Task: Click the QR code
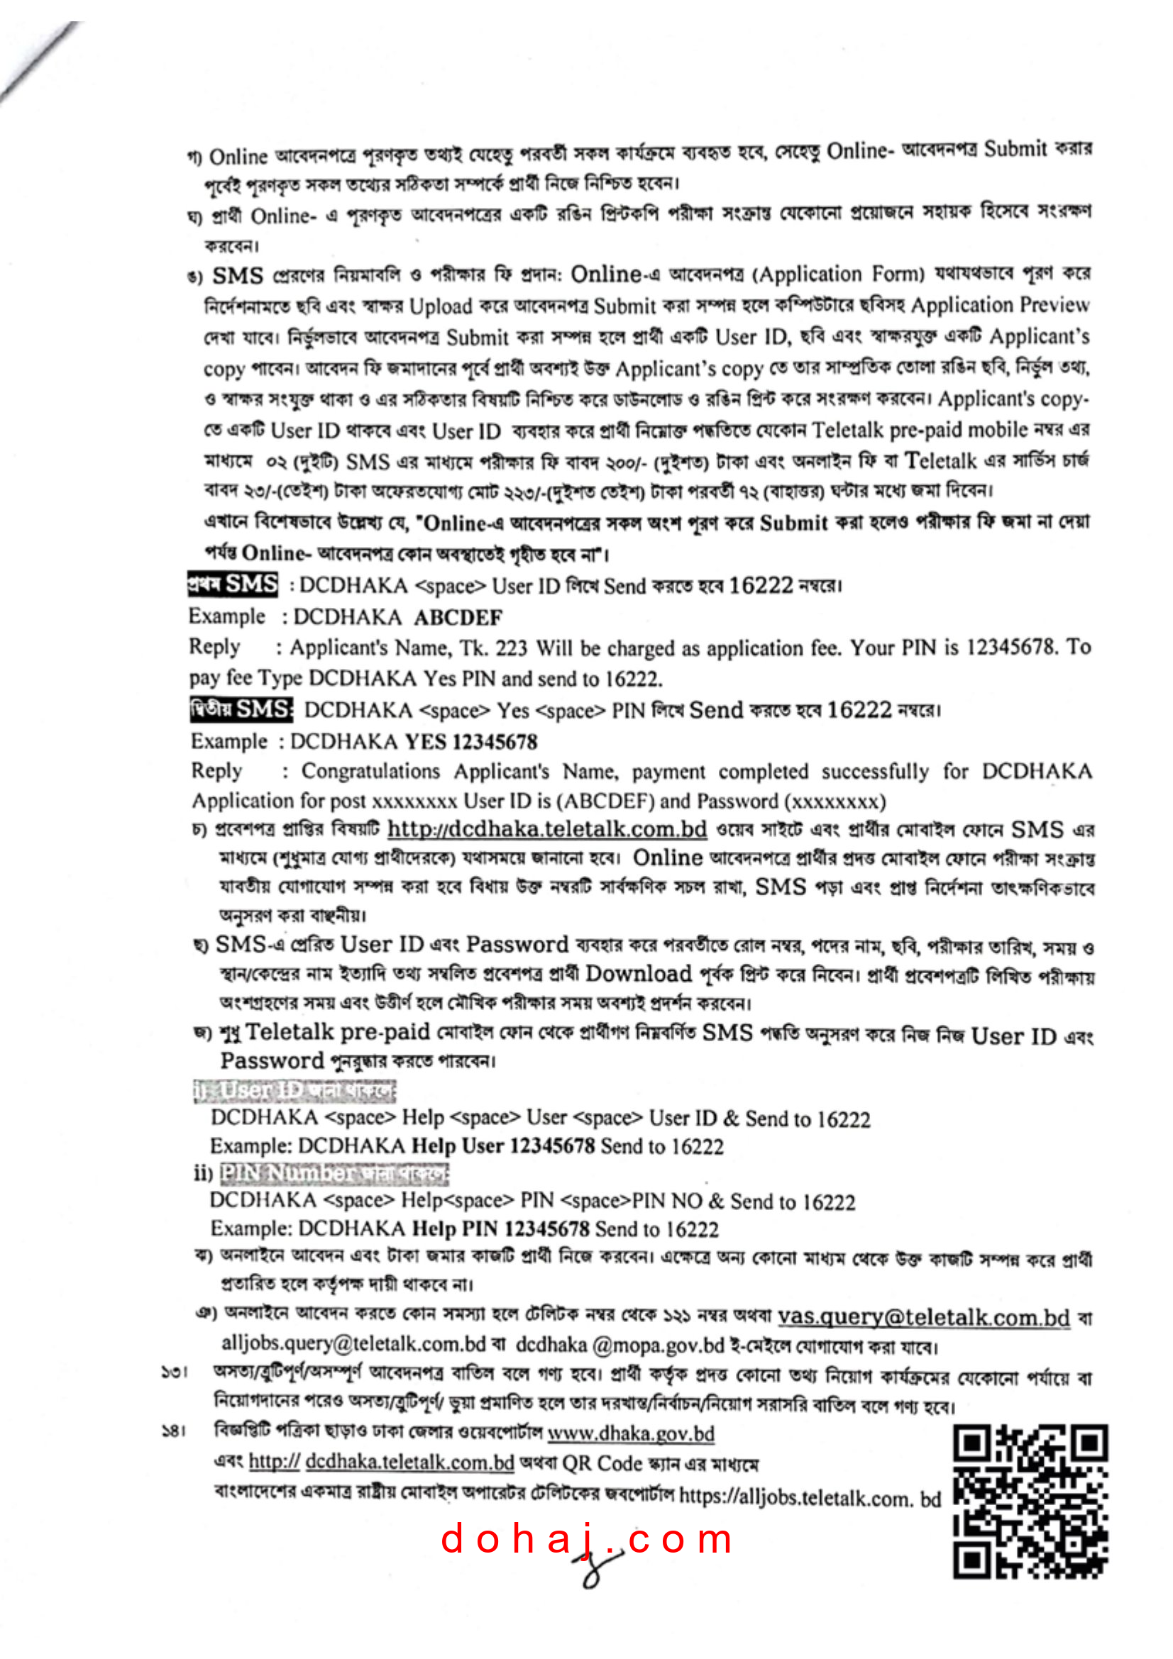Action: (x=1030, y=1502)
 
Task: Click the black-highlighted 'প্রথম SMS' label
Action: (x=232, y=584)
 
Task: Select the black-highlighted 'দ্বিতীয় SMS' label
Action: (x=241, y=709)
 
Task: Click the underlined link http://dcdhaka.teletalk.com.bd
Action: (x=546, y=828)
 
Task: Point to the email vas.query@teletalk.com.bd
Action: (x=923, y=1317)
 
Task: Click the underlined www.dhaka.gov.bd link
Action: (x=630, y=1433)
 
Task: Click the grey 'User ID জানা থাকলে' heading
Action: (x=294, y=1089)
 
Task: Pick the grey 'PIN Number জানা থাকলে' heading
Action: (x=334, y=1172)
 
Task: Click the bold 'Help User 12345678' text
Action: (x=503, y=1146)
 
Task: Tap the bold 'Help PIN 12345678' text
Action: (x=500, y=1228)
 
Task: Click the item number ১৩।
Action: (x=174, y=1372)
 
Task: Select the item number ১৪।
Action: (x=174, y=1431)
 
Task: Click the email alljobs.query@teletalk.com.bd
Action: (x=353, y=1344)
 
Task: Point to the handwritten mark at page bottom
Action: (x=596, y=1568)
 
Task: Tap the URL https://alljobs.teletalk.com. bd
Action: (x=810, y=1497)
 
